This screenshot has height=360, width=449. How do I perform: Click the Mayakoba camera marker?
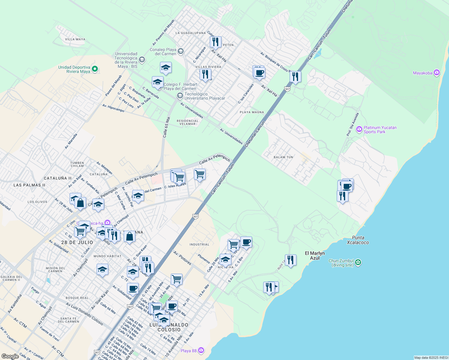437,73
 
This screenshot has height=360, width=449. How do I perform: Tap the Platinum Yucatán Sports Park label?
380,130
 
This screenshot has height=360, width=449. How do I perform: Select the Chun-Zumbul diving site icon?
358,262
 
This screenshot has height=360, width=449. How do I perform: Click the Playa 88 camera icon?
201,350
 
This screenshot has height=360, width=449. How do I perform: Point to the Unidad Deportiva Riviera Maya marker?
95,69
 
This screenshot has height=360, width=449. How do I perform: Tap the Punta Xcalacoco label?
358,240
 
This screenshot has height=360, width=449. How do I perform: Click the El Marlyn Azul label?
315,255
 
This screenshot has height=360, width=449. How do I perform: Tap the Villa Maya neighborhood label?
75,39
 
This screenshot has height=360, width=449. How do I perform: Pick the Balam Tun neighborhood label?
283,157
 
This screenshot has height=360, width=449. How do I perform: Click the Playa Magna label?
252,112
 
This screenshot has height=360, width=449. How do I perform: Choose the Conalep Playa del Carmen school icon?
180,51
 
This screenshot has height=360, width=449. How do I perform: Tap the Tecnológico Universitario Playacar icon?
180,96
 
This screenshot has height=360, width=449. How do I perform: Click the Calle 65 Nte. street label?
167,127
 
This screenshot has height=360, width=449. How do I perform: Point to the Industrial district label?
199,244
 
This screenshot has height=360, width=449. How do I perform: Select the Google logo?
10,356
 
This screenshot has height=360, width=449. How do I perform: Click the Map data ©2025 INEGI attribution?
431,358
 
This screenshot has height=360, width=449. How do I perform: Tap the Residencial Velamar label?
187,122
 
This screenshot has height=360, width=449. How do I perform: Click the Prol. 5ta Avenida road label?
353,124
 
